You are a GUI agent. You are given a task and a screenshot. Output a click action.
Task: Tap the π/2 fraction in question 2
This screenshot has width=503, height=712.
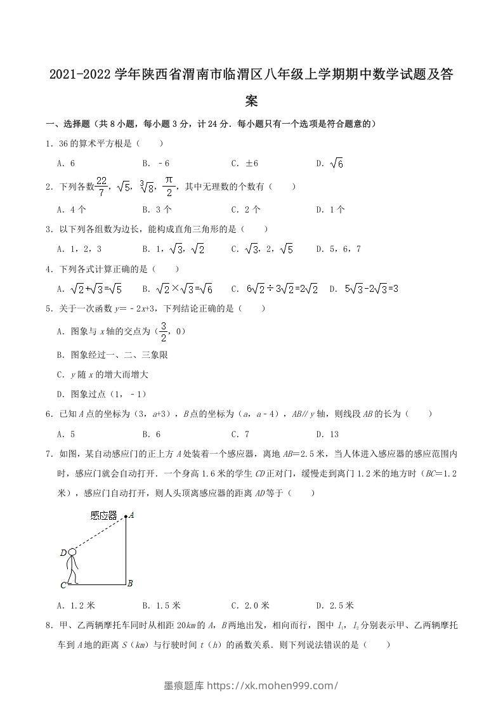(169, 186)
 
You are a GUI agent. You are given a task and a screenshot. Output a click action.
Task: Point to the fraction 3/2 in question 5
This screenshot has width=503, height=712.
(163, 331)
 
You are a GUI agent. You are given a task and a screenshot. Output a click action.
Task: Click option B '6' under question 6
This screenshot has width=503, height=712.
(152, 434)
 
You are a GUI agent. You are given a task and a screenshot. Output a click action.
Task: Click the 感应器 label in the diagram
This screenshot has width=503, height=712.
(104, 516)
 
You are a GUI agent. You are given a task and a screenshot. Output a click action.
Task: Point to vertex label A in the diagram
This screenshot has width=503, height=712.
(132, 515)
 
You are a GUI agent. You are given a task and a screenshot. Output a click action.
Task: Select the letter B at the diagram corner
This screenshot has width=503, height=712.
(130, 583)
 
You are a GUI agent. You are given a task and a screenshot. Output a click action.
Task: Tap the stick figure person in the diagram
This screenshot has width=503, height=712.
(72, 567)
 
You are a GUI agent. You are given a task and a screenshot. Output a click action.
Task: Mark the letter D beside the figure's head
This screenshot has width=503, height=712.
(63, 553)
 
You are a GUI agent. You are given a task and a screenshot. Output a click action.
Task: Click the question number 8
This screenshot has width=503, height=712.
(49, 626)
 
